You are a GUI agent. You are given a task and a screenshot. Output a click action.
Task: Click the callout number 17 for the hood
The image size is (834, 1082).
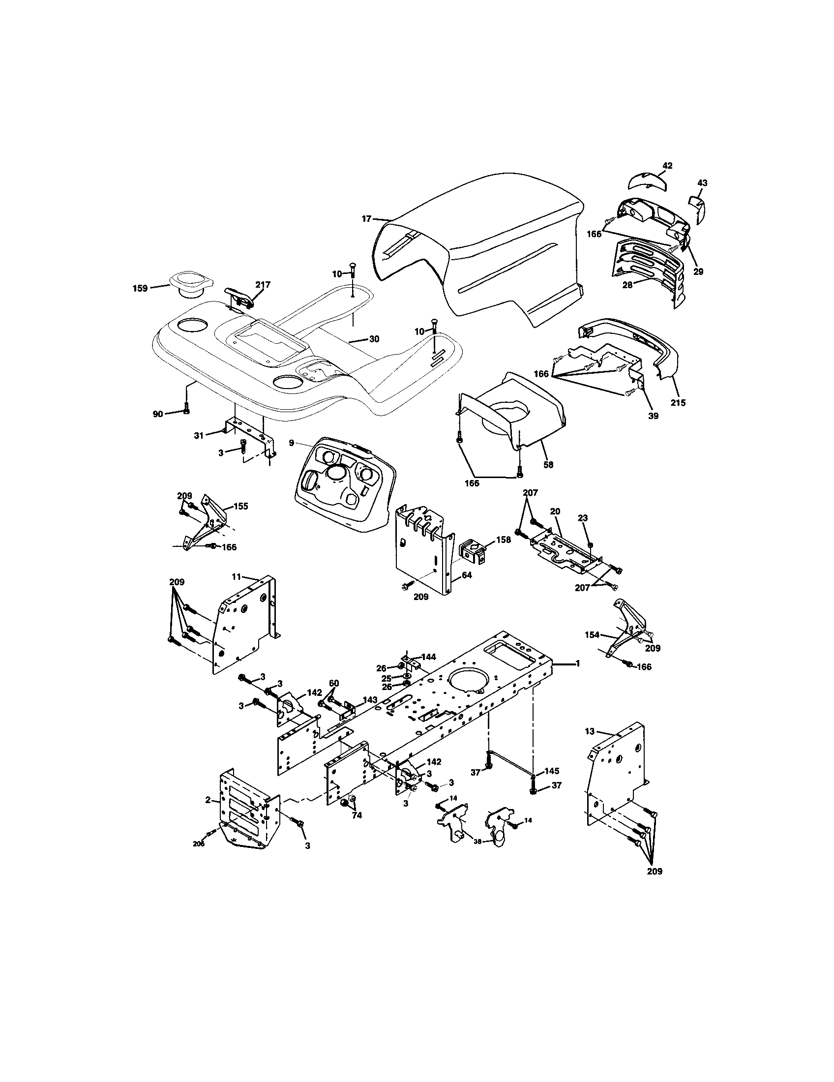(366, 218)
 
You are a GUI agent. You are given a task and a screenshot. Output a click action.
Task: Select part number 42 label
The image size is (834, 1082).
(667, 166)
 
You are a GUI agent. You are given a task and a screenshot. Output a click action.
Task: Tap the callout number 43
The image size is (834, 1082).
(702, 183)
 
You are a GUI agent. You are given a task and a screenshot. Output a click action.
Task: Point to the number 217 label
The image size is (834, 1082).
(263, 285)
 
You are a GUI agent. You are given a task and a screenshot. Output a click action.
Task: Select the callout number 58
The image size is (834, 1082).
(548, 465)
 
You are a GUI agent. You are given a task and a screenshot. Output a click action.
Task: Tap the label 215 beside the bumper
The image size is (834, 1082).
(678, 403)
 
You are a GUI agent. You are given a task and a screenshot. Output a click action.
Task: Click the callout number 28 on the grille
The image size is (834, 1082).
(627, 285)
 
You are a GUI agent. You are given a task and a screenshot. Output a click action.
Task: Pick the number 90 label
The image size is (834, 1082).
(157, 414)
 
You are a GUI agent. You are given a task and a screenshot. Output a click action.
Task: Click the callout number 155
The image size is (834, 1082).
(240, 506)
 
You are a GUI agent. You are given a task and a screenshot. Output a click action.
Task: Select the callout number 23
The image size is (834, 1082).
(583, 518)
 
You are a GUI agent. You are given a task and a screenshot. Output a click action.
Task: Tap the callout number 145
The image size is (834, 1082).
(552, 771)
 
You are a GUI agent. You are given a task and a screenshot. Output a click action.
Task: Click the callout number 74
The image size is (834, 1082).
(357, 815)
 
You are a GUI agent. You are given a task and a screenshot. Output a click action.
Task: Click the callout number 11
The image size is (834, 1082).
(236, 577)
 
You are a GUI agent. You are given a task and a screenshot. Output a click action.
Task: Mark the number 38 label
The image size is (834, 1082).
(477, 841)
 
